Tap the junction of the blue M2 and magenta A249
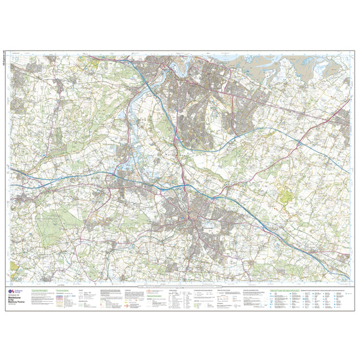click(x=298, y=141)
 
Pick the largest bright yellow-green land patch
click(x=289, y=194)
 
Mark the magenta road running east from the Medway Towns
click(x=275, y=105)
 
